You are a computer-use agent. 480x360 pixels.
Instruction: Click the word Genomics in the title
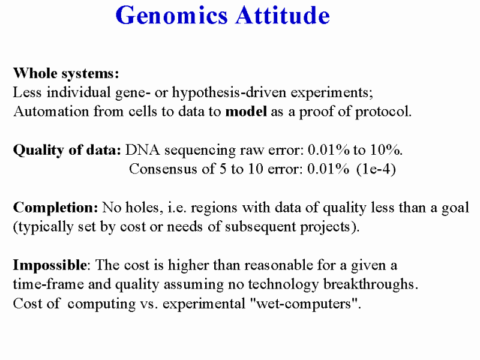click(172, 16)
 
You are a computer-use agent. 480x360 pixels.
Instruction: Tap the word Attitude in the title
click(283, 16)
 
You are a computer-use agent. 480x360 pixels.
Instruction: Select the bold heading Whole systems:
click(66, 74)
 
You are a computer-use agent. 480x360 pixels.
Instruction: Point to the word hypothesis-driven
click(229, 93)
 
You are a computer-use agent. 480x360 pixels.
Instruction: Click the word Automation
click(51, 112)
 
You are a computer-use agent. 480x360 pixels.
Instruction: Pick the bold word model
click(246, 112)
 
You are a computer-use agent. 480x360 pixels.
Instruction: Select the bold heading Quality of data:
click(67, 151)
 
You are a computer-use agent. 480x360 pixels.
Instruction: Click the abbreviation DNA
click(143, 150)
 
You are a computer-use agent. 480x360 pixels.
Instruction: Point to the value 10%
click(386, 150)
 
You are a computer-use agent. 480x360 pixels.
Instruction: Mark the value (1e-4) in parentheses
click(376, 169)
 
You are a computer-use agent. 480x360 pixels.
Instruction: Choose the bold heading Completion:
click(55, 208)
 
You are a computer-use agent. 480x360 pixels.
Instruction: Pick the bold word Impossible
click(50, 266)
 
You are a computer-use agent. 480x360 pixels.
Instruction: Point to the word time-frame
click(49, 284)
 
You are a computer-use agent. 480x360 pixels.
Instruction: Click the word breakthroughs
click(371, 284)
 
